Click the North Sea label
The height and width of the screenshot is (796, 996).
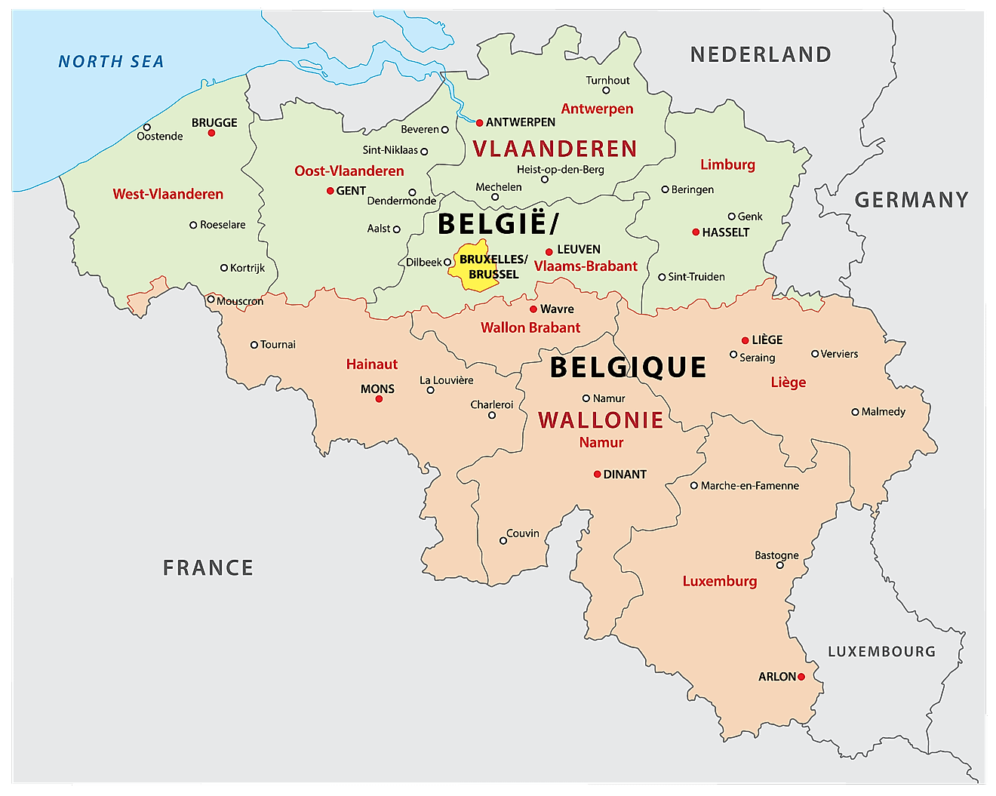click(x=111, y=62)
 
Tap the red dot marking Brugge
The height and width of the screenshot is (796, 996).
click(x=212, y=133)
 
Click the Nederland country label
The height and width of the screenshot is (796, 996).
click(x=761, y=54)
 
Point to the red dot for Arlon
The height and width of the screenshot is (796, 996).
click(x=801, y=677)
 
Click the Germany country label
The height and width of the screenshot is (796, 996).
click(x=911, y=200)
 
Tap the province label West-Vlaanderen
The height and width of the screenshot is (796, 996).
click(x=168, y=194)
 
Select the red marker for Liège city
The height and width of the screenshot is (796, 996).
click(x=745, y=340)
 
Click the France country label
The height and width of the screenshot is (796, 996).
click(x=208, y=567)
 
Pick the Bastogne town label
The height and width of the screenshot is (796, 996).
click(x=776, y=555)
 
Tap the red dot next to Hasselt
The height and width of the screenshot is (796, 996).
click(x=696, y=232)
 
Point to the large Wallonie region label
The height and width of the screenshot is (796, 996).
click(x=601, y=420)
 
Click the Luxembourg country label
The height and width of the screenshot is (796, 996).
click(x=881, y=652)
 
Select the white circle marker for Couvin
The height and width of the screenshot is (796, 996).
click(x=503, y=540)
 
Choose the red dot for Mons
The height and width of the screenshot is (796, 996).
click(x=379, y=399)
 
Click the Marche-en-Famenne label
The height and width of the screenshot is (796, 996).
click(x=749, y=486)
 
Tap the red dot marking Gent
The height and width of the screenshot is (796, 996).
click(x=330, y=191)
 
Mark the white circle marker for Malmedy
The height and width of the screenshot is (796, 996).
click(x=855, y=412)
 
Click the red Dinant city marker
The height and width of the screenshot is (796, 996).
click(x=597, y=475)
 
